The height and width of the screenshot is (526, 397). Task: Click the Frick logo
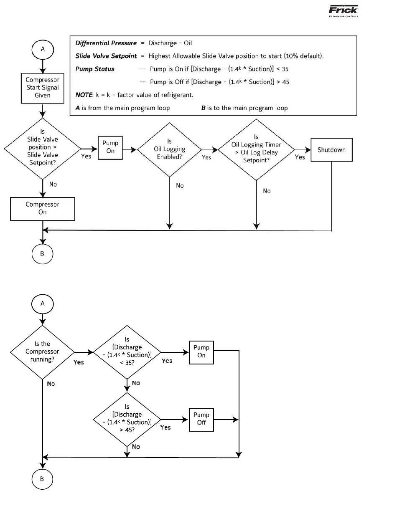click(343, 11)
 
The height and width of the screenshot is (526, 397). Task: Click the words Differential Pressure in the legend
click(106, 43)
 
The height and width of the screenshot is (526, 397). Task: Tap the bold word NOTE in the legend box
click(84, 95)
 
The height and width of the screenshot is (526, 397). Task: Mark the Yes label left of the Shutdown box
click(300, 157)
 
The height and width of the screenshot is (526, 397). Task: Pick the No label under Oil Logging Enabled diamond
click(180, 185)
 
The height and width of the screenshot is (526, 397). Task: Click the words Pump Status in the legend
click(95, 69)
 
